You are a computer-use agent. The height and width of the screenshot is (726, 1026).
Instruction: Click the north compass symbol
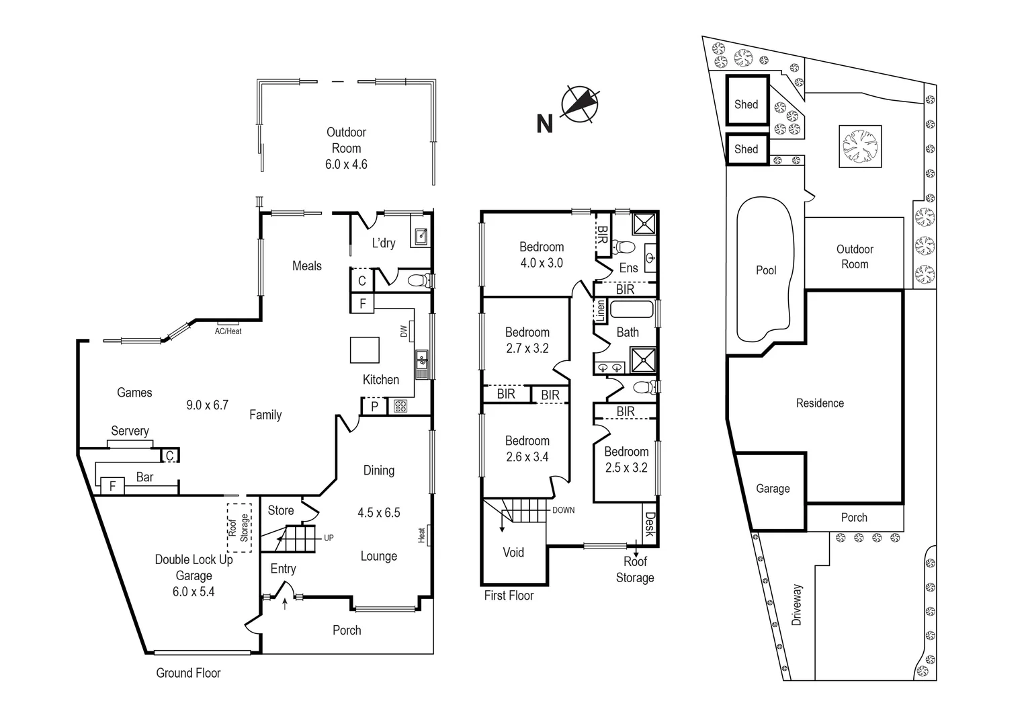pyautogui.click(x=579, y=105)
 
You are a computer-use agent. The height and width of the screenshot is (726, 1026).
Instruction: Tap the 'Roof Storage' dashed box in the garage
pyautogui.click(x=239, y=528)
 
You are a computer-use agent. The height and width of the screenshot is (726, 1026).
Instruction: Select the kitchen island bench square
pyautogui.click(x=364, y=350)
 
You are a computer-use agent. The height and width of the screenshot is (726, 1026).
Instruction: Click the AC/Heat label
pyautogui.click(x=228, y=331)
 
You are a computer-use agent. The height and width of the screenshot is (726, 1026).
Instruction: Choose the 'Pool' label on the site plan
pyautogui.click(x=766, y=270)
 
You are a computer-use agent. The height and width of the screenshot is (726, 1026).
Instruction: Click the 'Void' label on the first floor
pyautogui.click(x=513, y=553)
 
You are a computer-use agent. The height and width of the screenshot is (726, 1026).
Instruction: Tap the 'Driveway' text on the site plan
pyautogui.click(x=797, y=605)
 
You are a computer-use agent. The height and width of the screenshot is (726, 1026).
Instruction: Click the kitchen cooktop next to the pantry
pyautogui.click(x=400, y=406)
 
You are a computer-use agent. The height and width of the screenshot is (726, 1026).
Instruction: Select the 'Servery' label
pyautogui.click(x=130, y=431)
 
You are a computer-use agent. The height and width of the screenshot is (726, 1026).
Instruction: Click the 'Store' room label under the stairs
pyautogui.click(x=281, y=510)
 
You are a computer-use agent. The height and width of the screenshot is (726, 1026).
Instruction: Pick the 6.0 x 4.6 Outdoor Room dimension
pyautogui.click(x=346, y=164)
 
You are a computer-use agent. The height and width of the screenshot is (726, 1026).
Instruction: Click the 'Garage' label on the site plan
pyautogui.click(x=773, y=489)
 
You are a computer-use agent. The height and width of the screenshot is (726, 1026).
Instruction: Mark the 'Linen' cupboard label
pyautogui.click(x=601, y=310)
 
